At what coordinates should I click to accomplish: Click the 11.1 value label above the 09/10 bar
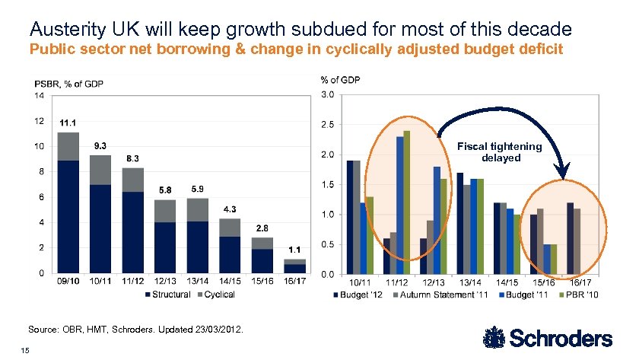[x=69, y=123]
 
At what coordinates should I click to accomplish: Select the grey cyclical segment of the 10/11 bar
[x=100, y=170]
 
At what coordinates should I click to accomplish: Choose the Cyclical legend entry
[x=219, y=294]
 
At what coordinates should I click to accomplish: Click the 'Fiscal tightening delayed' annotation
[x=499, y=152]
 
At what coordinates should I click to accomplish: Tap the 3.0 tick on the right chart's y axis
[x=326, y=94]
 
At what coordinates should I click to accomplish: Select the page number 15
[x=26, y=349]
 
